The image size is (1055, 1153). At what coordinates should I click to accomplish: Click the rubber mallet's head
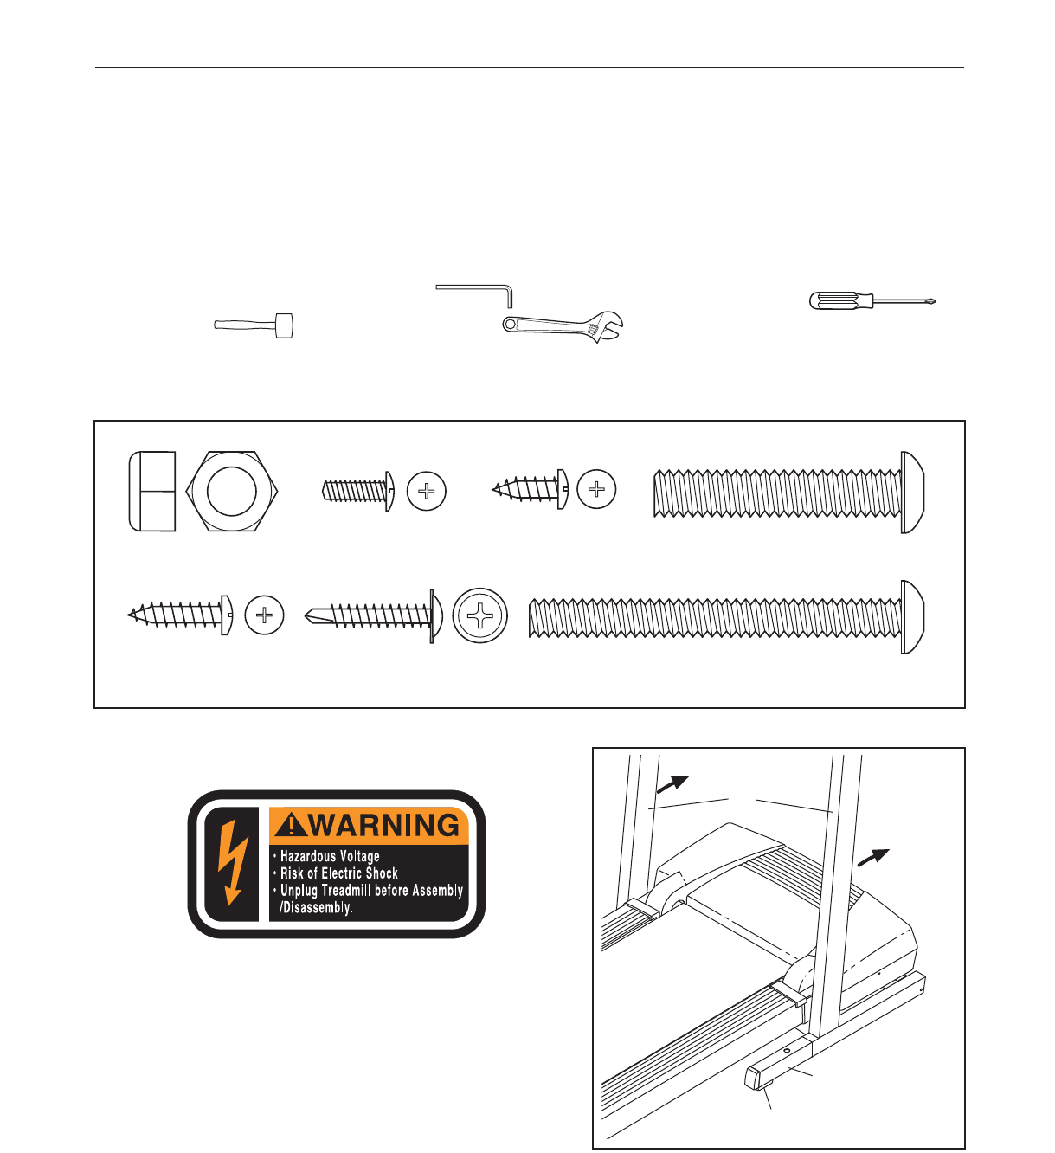click(x=284, y=325)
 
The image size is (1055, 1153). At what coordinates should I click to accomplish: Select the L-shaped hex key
click(x=485, y=288)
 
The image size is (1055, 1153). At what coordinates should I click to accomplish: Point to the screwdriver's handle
click(x=836, y=301)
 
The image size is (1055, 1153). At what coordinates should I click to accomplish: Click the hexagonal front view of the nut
click(x=232, y=490)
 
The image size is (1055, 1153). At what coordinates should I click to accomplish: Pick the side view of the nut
click(x=152, y=491)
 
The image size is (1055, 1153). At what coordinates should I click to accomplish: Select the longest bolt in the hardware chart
click(x=725, y=616)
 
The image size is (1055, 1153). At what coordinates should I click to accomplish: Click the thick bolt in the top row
click(x=788, y=492)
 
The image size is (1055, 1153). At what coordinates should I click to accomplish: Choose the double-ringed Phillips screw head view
click(x=479, y=616)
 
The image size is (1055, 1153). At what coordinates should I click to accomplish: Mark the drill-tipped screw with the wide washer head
click(x=374, y=616)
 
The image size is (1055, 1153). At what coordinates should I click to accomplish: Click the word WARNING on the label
click(x=384, y=825)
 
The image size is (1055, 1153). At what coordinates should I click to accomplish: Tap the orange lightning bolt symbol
click(x=231, y=862)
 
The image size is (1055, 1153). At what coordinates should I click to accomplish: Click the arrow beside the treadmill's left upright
click(x=672, y=783)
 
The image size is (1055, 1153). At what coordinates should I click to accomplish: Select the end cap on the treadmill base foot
click(x=757, y=1079)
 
